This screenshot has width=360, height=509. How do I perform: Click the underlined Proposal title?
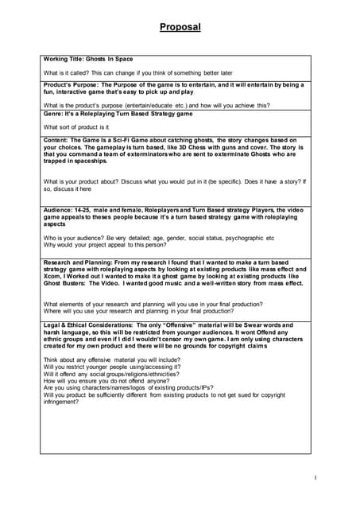pyautogui.click(x=180, y=27)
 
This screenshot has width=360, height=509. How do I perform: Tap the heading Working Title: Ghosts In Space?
pyautogui.click(x=88, y=59)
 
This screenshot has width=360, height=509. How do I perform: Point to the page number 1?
pyautogui.click(x=315, y=477)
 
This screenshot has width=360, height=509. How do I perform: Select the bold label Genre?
pyautogui.click(x=54, y=114)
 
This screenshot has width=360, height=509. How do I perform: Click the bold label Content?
pyautogui.click(x=58, y=140)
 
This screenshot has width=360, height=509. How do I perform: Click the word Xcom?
pyautogui.click(x=53, y=279)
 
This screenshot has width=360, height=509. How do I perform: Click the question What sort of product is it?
pyautogui.click(x=76, y=126)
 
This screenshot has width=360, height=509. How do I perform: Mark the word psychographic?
pyautogui.click(x=250, y=237)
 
